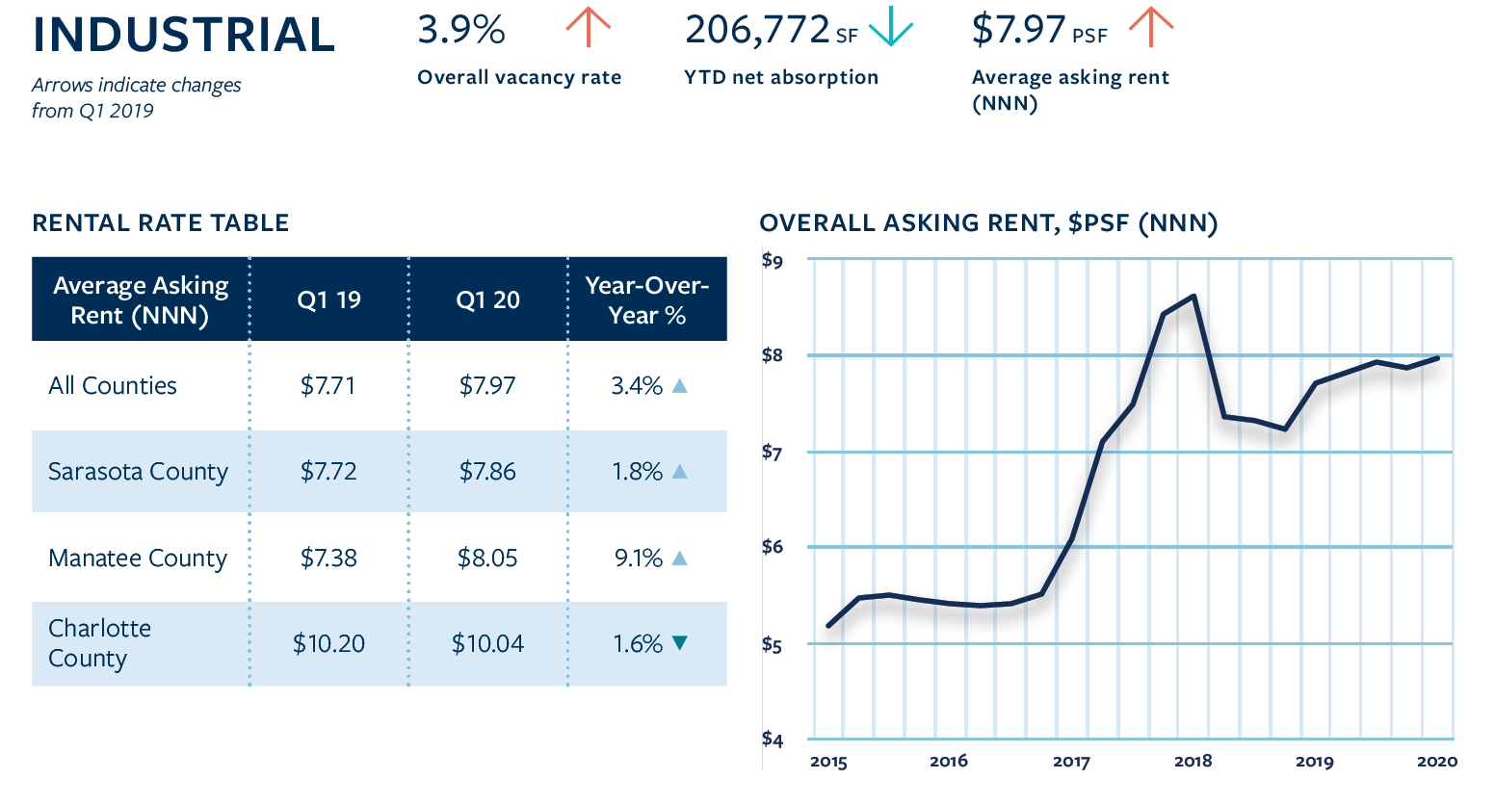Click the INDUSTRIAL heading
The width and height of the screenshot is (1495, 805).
click(183, 35)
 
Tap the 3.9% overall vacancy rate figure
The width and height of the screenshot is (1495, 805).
click(461, 30)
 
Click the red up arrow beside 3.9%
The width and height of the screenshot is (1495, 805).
click(588, 26)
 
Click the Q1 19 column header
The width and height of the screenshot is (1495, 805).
click(328, 299)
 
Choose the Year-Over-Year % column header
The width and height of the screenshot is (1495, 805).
click(646, 299)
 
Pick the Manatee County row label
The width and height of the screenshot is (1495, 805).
click(138, 558)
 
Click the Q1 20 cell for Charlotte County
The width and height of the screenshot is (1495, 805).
click(487, 643)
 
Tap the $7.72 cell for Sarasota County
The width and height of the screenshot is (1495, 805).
click(328, 471)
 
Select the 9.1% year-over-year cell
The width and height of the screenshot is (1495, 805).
click(639, 558)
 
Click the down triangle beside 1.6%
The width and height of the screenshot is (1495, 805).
click(679, 642)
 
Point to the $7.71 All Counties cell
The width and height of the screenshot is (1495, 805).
click(328, 385)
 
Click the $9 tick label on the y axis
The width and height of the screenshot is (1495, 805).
click(773, 260)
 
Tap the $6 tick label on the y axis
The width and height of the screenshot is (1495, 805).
click(773, 546)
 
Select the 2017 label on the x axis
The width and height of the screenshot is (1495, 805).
click(1071, 762)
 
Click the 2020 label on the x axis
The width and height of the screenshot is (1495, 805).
click(1437, 762)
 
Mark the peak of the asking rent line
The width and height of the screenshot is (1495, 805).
click(1193, 296)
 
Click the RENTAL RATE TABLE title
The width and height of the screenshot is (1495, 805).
click(161, 223)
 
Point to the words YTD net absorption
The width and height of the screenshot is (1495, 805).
click(781, 77)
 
